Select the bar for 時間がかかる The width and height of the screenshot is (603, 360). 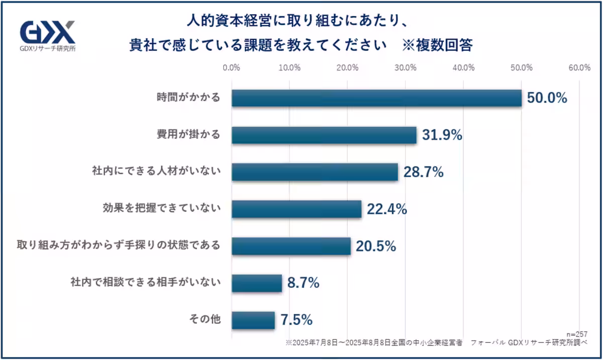(376, 98)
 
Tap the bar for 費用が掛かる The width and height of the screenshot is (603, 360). (324, 135)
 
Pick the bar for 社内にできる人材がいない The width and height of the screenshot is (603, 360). (315, 172)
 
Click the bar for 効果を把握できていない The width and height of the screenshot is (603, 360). (296, 209)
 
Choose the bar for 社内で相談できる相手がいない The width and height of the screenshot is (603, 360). (257, 283)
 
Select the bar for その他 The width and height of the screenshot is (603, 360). (253, 320)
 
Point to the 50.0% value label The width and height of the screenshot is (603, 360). (547, 98)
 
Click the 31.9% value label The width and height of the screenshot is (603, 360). (442, 135)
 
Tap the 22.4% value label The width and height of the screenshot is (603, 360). (386, 209)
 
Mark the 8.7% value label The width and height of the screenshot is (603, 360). (304, 283)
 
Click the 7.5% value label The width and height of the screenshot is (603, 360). (296, 320)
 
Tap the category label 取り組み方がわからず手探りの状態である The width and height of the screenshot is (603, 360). (119, 246)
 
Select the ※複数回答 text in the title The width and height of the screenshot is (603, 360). (437, 45)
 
